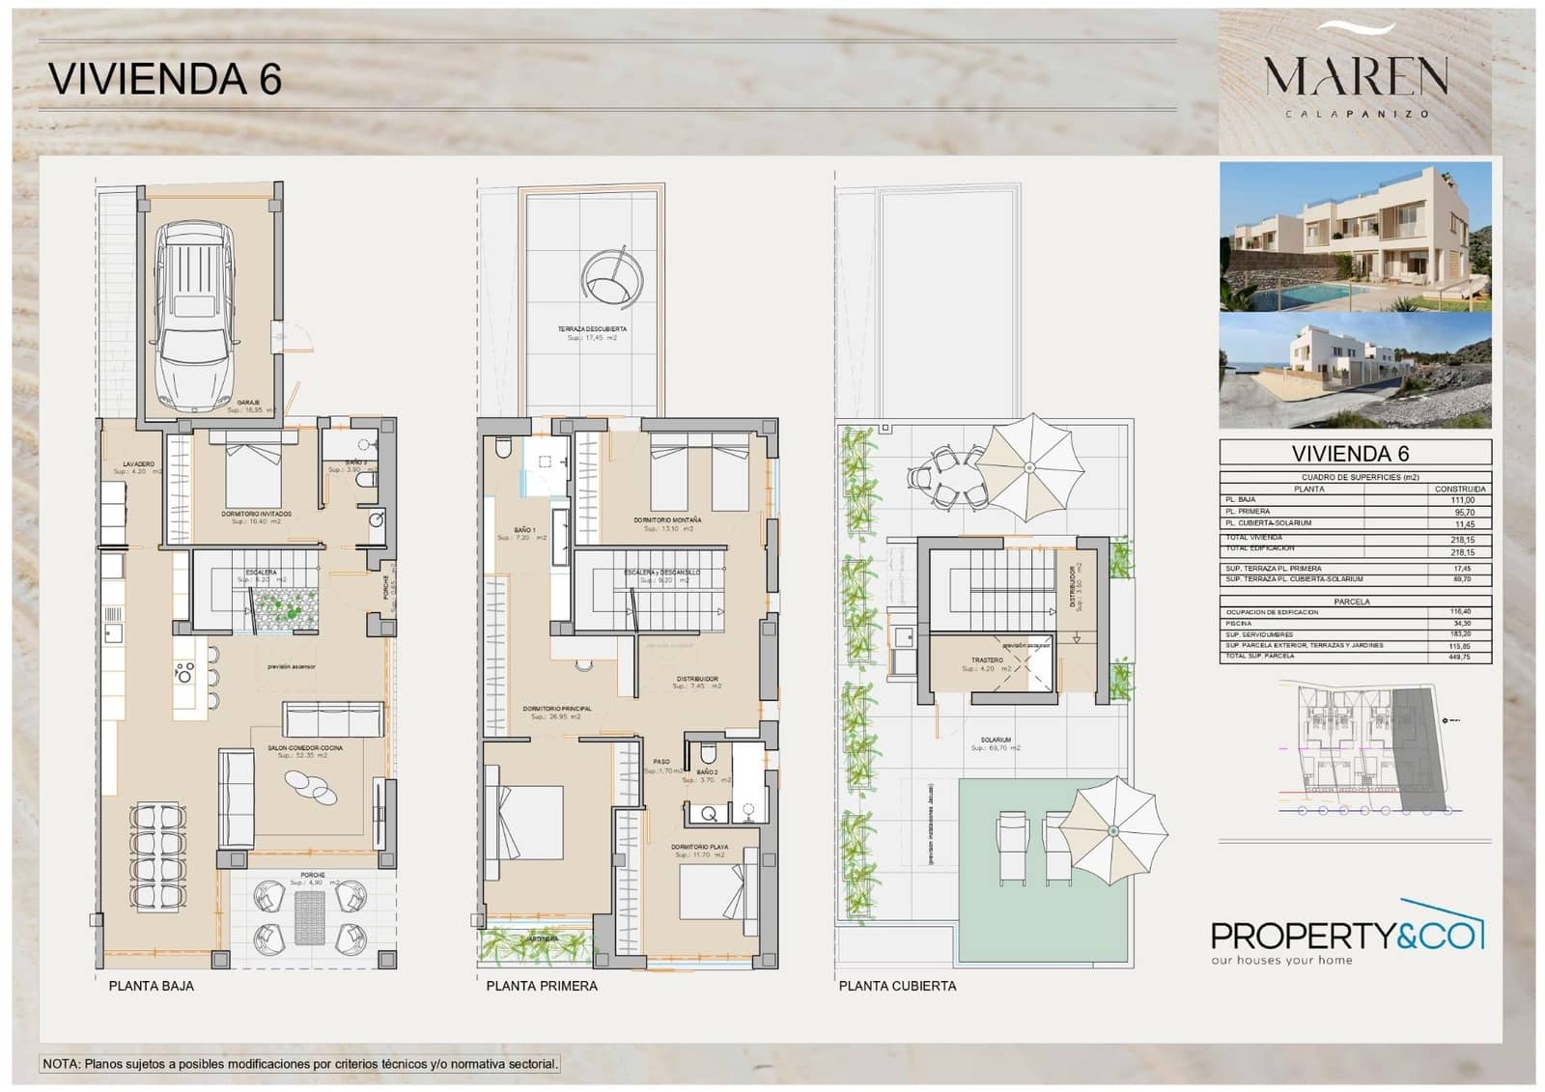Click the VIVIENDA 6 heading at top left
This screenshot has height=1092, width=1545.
(164, 78)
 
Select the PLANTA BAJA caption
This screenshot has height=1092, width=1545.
(151, 986)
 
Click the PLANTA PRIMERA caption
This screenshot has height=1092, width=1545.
(542, 986)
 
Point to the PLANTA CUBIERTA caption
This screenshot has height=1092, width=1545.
(897, 986)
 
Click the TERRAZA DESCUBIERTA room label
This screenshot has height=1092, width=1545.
(592, 329)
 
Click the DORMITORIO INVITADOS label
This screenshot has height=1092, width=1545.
(256, 514)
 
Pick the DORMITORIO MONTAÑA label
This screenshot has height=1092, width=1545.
(667, 519)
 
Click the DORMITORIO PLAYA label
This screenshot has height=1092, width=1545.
(699, 847)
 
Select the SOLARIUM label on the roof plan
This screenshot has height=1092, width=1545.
(995, 741)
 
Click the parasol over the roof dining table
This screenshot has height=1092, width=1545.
(1029, 467)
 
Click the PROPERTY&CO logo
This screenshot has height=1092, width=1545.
(1346, 937)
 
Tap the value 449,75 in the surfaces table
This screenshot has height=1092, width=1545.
(1460, 657)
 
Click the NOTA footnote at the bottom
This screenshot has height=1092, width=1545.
(299, 1064)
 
